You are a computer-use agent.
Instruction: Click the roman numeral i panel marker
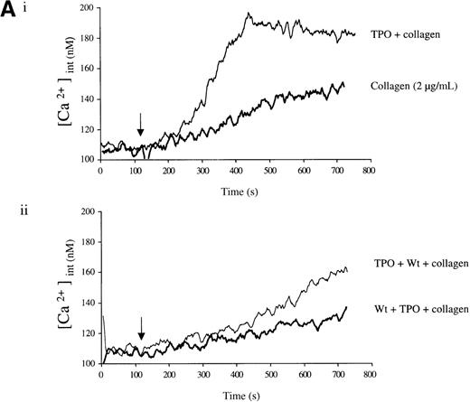pos(33,12)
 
